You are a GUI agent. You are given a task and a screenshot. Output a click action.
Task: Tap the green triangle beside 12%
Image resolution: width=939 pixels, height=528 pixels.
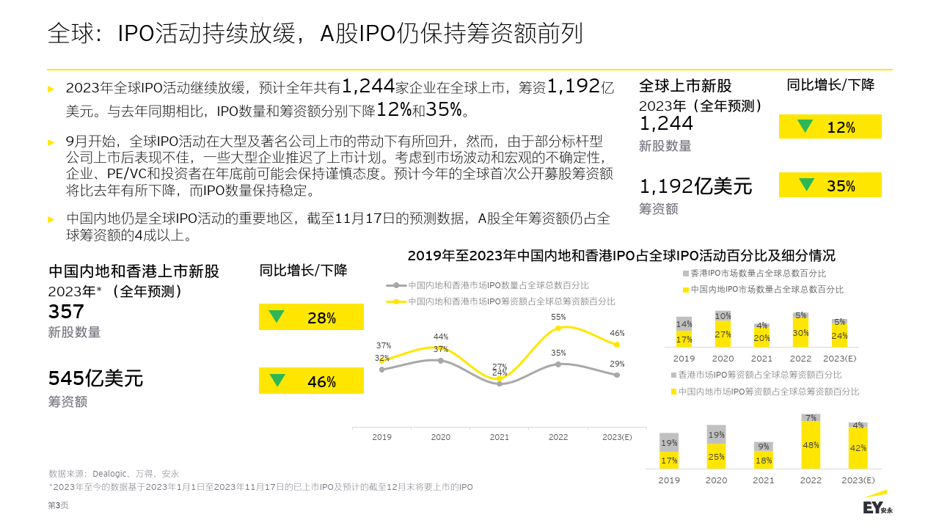tap(805, 125)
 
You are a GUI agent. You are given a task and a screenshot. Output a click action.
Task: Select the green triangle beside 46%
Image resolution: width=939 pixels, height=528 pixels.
tap(277, 380)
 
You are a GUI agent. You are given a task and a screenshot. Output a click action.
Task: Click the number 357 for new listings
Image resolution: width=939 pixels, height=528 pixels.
tap(66, 312)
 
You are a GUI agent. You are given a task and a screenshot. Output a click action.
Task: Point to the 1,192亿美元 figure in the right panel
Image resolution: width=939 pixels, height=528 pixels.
tap(695, 186)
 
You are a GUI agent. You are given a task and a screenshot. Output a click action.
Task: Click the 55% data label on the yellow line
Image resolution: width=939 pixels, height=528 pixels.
tap(558, 317)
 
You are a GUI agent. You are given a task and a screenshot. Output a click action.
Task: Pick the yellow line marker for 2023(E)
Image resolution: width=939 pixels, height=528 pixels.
tap(617, 344)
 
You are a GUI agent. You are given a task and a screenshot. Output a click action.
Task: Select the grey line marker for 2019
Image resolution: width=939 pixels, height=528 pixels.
tap(382, 370)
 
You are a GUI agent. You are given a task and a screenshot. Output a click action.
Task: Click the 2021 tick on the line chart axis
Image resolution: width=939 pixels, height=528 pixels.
tap(500, 437)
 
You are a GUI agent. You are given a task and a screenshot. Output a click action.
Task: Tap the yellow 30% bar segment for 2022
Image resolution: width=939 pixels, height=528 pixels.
tap(801, 333)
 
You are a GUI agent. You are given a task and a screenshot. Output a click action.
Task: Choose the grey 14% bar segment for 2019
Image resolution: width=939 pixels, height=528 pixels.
tap(684, 323)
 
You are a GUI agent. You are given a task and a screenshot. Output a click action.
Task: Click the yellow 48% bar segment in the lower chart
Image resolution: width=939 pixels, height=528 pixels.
tap(811, 445)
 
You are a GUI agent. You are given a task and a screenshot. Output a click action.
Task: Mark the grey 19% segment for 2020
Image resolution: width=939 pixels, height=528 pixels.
tap(716, 434)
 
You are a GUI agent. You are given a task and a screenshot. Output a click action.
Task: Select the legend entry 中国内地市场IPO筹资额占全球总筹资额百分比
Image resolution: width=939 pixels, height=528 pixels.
tap(768, 392)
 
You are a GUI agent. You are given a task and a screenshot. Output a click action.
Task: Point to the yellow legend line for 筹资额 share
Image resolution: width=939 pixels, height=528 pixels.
tap(396, 301)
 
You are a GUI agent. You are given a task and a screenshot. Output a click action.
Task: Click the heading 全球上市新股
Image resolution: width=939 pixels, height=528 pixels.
tap(685, 86)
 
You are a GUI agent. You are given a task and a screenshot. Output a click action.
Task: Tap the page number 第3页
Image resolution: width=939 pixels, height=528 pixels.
tap(58, 505)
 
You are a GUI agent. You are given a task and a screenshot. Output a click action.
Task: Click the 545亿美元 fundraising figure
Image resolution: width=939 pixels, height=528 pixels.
tap(95, 378)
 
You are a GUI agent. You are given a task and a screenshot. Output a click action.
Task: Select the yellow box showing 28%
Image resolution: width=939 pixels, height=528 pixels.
tap(311, 318)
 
